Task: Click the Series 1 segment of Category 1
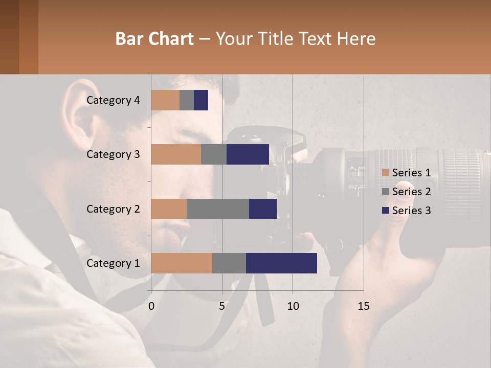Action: (182, 263)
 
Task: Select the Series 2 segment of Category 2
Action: (218, 209)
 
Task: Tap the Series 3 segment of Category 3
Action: (248, 154)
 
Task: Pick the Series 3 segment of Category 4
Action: (201, 100)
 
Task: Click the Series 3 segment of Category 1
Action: (281, 263)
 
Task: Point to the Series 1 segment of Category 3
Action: (176, 154)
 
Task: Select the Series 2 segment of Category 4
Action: (187, 100)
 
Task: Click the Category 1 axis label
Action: (113, 263)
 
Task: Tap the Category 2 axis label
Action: (113, 209)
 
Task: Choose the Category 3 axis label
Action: (113, 154)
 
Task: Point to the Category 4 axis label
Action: (113, 100)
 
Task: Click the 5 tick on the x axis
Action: (222, 306)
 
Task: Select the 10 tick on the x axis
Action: (293, 306)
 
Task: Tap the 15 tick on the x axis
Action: (363, 306)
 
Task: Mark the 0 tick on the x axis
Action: (151, 306)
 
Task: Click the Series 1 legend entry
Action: (407, 173)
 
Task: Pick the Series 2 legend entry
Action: (407, 192)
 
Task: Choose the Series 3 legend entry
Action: (407, 211)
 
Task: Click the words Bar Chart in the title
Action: (154, 39)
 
